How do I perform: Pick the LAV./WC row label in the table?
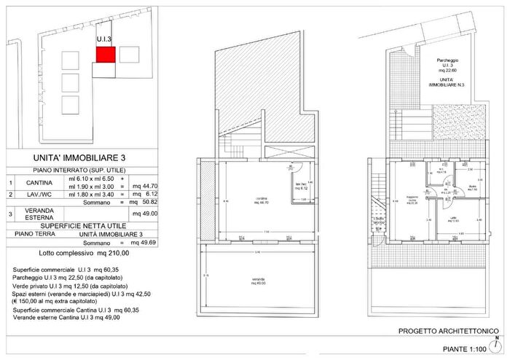[36, 195]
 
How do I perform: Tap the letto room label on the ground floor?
[455, 219]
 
